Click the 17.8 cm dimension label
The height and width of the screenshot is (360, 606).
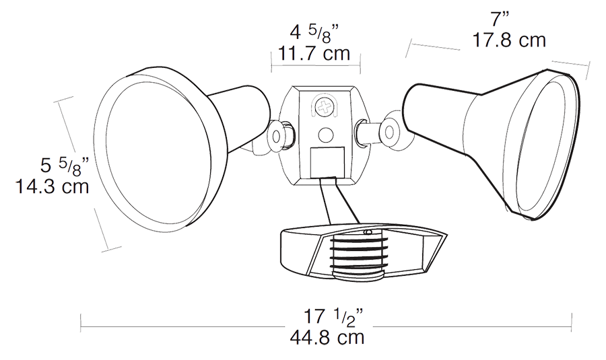(x=508, y=40)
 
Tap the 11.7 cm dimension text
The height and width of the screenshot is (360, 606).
(x=314, y=52)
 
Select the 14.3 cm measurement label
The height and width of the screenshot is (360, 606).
(x=53, y=186)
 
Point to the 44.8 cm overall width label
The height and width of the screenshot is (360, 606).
(x=327, y=336)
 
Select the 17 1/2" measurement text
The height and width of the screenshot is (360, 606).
(x=327, y=315)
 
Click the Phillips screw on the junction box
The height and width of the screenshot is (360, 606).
(x=326, y=106)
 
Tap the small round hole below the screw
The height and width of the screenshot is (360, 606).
(x=325, y=135)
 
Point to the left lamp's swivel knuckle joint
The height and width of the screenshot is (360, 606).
(x=279, y=134)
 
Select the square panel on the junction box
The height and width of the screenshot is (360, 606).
(x=327, y=161)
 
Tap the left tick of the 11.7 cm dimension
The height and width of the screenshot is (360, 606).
(x=271, y=60)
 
